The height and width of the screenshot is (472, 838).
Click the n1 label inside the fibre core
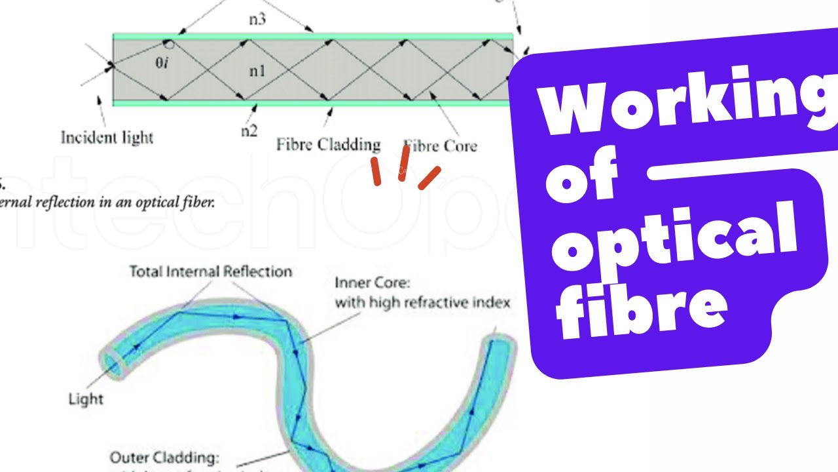(x=257, y=70)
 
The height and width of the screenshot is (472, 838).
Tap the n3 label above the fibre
(x=257, y=18)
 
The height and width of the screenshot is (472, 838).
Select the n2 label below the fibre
(x=249, y=130)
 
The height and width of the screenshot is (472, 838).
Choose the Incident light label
(x=107, y=138)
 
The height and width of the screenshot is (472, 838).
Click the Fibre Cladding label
(x=328, y=144)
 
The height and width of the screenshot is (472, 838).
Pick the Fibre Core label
(x=440, y=146)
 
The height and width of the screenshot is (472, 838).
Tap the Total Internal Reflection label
(x=210, y=271)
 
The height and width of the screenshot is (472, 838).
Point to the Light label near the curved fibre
(x=86, y=398)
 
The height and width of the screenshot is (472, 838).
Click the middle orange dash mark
(x=404, y=163)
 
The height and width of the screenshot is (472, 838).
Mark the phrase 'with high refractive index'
(x=422, y=303)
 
